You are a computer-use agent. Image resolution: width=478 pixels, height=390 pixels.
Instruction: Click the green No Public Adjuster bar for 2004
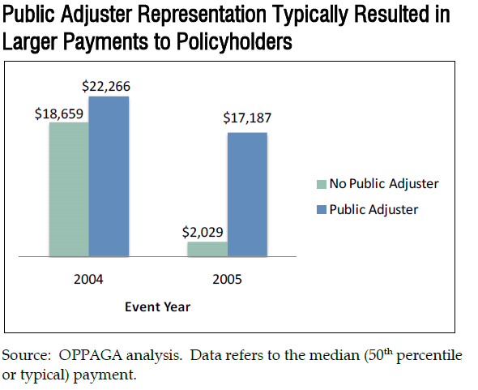[x=69, y=190]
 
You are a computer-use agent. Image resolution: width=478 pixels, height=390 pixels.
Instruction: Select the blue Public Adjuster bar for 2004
[x=109, y=177]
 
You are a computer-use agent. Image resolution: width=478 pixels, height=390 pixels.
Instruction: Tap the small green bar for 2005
[x=207, y=249]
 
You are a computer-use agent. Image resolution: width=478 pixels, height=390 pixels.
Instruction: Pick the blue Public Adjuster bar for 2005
[x=247, y=195]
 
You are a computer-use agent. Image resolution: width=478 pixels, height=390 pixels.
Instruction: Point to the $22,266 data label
[x=107, y=87]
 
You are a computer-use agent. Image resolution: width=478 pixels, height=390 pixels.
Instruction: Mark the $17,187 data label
[x=247, y=118]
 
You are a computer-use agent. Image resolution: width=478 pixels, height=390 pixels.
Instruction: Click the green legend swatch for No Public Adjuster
[x=321, y=184]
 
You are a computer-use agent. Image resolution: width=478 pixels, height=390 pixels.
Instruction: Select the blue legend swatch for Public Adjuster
[x=321, y=209]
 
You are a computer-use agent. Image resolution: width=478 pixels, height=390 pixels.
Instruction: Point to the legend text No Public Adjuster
[x=383, y=183]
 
